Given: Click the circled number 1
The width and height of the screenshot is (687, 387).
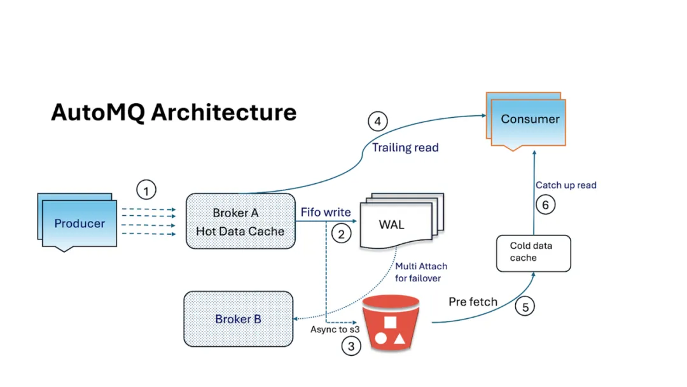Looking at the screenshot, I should pyautogui.click(x=146, y=190).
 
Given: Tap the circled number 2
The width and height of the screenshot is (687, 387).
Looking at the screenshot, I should pyautogui.click(x=341, y=234).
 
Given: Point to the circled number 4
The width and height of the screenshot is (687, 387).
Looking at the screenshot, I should pyautogui.click(x=378, y=121).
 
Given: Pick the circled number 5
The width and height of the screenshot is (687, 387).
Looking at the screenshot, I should pyautogui.click(x=525, y=307).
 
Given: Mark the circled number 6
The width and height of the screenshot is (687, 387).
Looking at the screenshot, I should pyautogui.click(x=545, y=205).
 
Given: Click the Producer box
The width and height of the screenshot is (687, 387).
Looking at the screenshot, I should pyautogui.click(x=80, y=223).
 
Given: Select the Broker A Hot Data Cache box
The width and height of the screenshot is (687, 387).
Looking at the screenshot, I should pyautogui.click(x=240, y=222).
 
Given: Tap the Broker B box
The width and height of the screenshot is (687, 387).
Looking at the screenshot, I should pyautogui.click(x=238, y=319).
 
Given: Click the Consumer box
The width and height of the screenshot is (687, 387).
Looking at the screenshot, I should pyautogui.click(x=529, y=119).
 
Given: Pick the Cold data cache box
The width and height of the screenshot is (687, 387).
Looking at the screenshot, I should pyautogui.click(x=533, y=252).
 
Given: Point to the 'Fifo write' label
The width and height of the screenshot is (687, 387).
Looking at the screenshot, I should pyautogui.click(x=326, y=212).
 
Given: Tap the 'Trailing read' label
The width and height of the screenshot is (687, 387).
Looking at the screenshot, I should pyautogui.click(x=405, y=148).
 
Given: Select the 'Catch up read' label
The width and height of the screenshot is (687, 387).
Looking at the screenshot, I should pyautogui.click(x=566, y=185).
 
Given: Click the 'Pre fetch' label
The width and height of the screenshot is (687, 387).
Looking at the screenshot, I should pyautogui.click(x=473, y=301).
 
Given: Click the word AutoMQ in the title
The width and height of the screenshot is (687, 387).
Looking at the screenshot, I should pyautogui.click(x=97, y=112).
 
